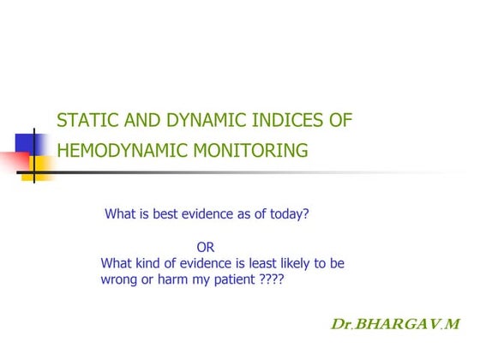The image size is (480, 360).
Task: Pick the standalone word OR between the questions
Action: (206, 248)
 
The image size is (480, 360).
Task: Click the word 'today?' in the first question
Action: (286, 214)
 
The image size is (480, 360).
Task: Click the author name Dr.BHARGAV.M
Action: (395, 325)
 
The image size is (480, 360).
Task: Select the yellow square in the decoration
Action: (42, 165)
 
